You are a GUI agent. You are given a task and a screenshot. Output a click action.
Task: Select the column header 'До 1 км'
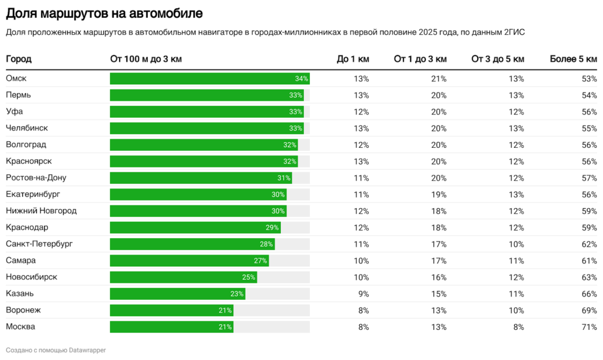(353, 59)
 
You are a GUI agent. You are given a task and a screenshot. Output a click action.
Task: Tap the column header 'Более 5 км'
(573, 59)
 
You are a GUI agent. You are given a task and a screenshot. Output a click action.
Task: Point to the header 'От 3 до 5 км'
(498, 59)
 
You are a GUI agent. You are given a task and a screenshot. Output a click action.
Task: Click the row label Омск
(16, 78)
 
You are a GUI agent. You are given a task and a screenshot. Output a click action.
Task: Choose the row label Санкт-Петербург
(39, 243)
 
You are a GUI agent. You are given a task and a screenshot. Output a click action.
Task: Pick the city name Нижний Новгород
(41, 210)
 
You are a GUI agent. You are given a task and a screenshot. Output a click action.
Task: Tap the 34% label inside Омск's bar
(301, 79)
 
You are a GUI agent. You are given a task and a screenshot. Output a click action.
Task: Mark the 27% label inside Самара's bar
(260, 260)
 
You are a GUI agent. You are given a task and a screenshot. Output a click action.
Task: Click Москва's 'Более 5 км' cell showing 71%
(589, 326)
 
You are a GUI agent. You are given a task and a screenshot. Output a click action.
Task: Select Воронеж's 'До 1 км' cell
(362, 310)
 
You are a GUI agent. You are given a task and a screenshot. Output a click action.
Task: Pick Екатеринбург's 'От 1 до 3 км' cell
(439, 194)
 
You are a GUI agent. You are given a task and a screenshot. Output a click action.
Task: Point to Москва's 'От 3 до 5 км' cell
(518, 326)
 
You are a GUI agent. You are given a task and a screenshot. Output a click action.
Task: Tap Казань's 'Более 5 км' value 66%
(589, 293)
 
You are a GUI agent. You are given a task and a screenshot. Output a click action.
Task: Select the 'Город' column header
(19, 59)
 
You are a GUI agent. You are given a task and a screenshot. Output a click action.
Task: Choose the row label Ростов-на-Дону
(36, 177)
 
